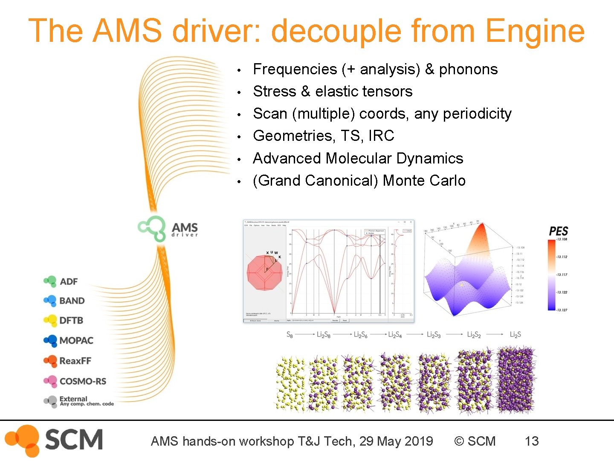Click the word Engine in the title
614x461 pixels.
535,31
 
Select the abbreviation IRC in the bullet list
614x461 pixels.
381,136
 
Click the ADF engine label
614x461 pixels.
69,282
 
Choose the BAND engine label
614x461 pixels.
72,301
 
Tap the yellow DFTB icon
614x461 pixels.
50,320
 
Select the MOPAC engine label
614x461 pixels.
76,341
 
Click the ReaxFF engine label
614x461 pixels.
75,361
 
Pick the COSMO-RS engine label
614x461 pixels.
83,381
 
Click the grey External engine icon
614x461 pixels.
50,401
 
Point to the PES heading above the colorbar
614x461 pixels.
558,231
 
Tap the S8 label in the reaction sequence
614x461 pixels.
290,335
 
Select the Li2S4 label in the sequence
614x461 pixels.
395,335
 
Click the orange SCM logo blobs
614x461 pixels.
24,440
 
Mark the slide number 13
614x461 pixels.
532,441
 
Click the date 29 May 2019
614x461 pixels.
396,441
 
